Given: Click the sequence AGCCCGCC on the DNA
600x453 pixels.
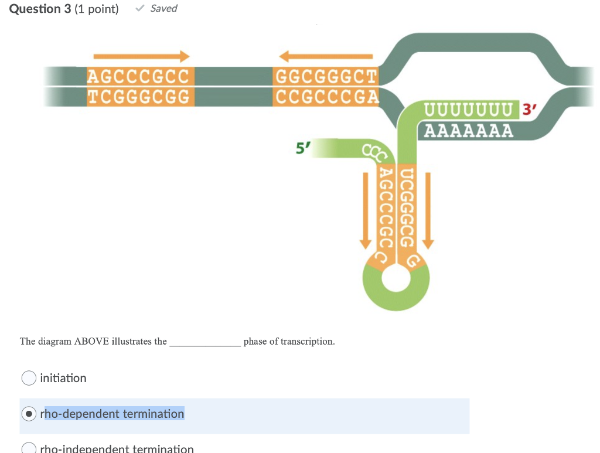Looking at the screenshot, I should (x=139, y=76).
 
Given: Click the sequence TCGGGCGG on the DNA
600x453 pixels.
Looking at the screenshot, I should (x=139, y=97).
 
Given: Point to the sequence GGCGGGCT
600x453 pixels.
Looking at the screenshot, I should (x=326, y=76).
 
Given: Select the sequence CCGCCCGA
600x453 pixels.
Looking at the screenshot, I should (x=326, y=97).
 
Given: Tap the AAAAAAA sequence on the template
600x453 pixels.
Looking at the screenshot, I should (x=468, y=130).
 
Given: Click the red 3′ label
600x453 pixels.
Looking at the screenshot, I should (x=529, y=110).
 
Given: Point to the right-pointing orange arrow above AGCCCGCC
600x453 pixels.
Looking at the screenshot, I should (x=141, y=56).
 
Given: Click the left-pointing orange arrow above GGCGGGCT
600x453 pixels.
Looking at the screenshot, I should (x=326, y=56).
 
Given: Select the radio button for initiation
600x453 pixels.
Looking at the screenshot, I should (x=29, y=378).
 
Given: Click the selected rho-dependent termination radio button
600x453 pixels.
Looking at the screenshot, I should (x=29, y=414).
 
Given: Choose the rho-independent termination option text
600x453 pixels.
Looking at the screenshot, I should (x=117, y=448).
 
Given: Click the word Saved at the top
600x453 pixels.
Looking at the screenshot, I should (x=163, y=8).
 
